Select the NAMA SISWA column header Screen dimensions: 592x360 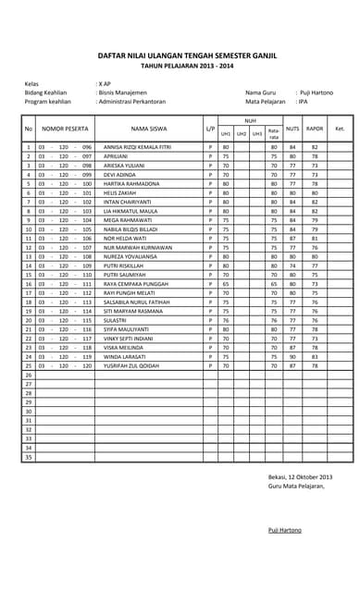(x=149, y=129)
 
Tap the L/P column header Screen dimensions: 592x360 (x=210, y=129)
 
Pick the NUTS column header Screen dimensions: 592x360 (x=292, y=129)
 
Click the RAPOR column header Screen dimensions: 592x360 (x=315, y=129)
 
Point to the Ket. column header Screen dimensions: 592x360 (x=340, y=129)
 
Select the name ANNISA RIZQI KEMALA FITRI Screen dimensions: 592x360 (x=137, y=147)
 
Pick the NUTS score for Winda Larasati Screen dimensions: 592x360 (x=292, y=356)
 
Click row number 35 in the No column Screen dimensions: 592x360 (x=29, y=457)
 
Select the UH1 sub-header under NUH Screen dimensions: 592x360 (x=226, y=134)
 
